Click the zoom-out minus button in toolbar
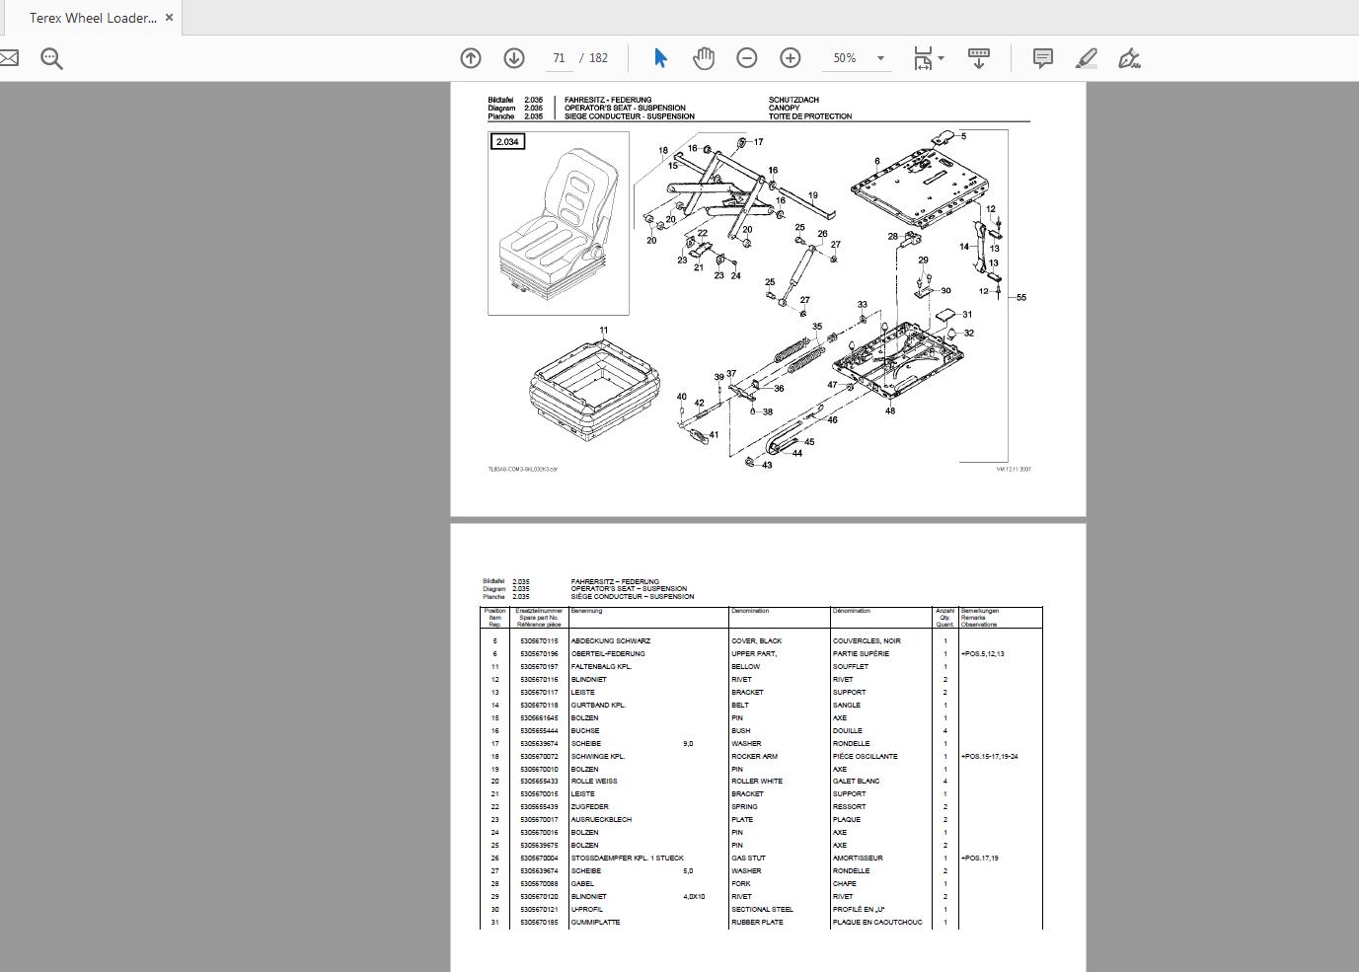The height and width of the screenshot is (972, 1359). click(x=747, y=58)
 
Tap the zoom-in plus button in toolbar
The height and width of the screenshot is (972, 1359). click(x=791, y=58)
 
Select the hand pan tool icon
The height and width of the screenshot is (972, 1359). click(x=704, y=58)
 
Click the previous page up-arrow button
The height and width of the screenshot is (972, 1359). click(x=471, y=58)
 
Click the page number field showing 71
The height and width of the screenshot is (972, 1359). click(x=559, y=58)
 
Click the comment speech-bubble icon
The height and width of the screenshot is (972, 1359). click(x=1042, y=58)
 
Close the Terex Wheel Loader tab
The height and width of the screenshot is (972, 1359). click(x=170, y=18)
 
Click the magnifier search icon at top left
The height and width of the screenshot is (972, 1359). click(x=52, y=58)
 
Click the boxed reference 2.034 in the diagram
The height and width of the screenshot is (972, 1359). click(x=507, y=142)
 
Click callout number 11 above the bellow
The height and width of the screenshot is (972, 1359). click(x=604, y=331)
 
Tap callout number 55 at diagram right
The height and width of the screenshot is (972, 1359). click(x=1021, y=297)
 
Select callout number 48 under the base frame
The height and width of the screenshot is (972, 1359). click(x=890, y=411)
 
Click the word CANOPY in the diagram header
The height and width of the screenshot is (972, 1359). click(x=785, y=109)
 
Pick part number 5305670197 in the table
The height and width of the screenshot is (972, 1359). click(x=539, y=667)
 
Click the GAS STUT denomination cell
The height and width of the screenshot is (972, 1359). click(x=748, y=859)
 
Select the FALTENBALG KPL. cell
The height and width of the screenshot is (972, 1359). click(x=601, y=667)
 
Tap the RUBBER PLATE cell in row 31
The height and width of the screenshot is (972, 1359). click(x=757, y=923)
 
